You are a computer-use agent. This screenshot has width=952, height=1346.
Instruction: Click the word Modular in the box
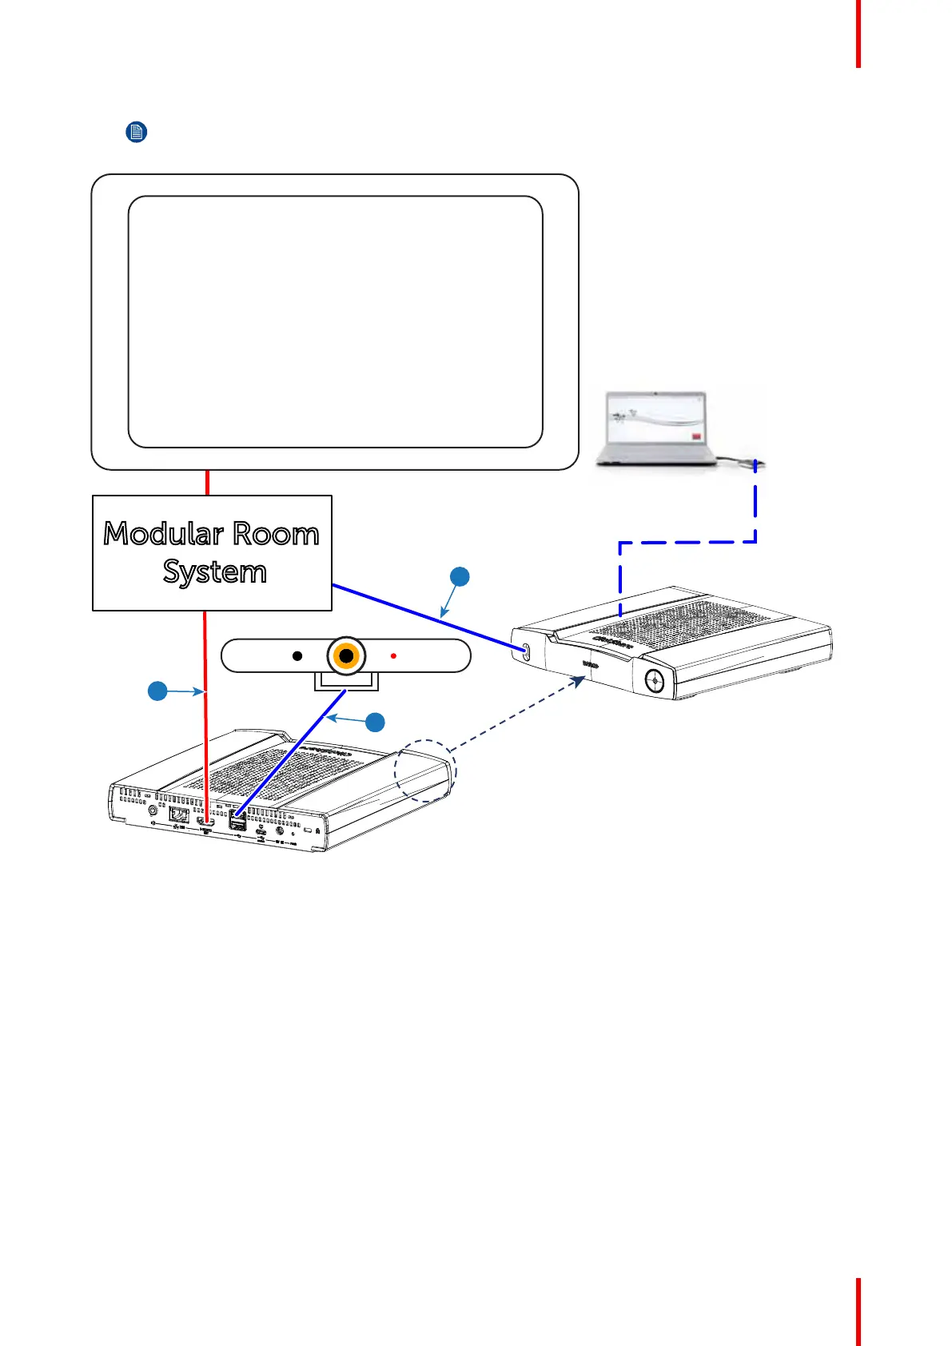tap(163, 534)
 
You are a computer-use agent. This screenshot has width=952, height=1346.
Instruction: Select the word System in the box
tap(214, 572)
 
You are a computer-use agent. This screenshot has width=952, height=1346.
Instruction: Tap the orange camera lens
tap(346, 656)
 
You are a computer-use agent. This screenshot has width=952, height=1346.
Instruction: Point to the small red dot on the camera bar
tap(393, 656)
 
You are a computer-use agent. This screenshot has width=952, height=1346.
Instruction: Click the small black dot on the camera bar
tap(297, 656)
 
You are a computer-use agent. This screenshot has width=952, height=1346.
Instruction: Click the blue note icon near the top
tap(137, 132)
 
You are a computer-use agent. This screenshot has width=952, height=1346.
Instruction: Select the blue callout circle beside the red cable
tap(157, 691)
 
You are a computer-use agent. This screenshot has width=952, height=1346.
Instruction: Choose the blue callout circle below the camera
tap(375, 723)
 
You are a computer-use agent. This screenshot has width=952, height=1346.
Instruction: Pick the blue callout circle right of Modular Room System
tap(460, 576)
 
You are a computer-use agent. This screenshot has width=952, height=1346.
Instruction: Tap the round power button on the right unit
tap(655, 681)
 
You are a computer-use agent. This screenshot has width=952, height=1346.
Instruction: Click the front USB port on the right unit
tap(526, 651)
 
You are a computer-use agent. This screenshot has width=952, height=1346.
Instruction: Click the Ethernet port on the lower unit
tap(179, 815)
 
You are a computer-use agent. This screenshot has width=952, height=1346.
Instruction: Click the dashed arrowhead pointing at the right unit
tap(578, 681)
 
